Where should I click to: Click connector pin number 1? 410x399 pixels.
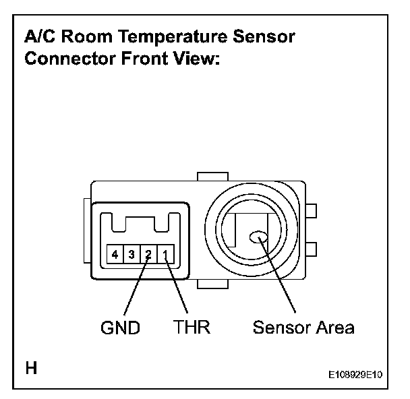tap(167, 255)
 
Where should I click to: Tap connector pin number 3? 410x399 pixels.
tap(133, 255)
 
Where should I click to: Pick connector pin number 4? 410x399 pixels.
tap(116, 255)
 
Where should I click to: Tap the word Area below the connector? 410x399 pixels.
tap(334, 328)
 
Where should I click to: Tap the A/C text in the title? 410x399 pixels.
tap(40, 37)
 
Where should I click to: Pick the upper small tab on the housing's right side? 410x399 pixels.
tap(311, 212)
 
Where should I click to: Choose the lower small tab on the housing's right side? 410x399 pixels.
tap(311, 250)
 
